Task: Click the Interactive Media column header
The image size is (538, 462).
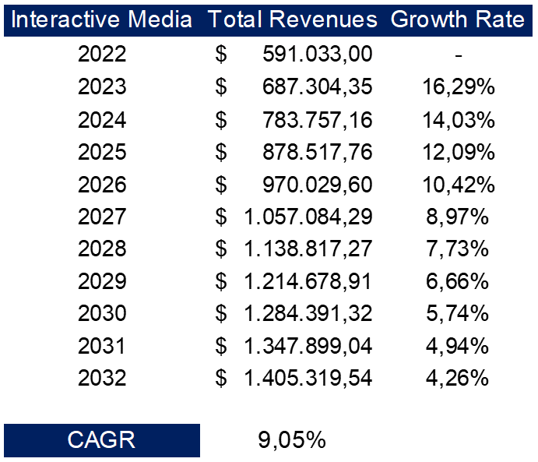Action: coord(102,19)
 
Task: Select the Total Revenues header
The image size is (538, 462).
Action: coord(292,19)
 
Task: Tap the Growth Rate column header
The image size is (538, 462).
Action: coord(457,19)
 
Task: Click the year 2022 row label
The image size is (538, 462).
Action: coord(102,55)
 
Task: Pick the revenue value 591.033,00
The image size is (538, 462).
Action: coord(318,55)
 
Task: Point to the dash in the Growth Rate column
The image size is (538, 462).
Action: coord(459,55)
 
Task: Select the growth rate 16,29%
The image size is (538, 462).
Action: coord(459,87)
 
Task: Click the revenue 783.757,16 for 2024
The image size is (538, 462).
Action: coord(318,120)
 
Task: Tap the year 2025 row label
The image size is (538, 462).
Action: coord(102,152)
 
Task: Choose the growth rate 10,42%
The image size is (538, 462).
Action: coord(459,185)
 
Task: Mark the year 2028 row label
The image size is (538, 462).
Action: coord(102,249)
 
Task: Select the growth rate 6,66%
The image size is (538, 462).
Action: coord(459,281)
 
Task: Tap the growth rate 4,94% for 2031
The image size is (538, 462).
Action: coord(459,346)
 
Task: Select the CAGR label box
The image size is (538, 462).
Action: coord(102,440)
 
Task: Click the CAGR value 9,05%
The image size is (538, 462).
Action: coord(291,440)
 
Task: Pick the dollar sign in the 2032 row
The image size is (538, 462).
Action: coord(222,379)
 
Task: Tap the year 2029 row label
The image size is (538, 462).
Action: coord(102,281)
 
